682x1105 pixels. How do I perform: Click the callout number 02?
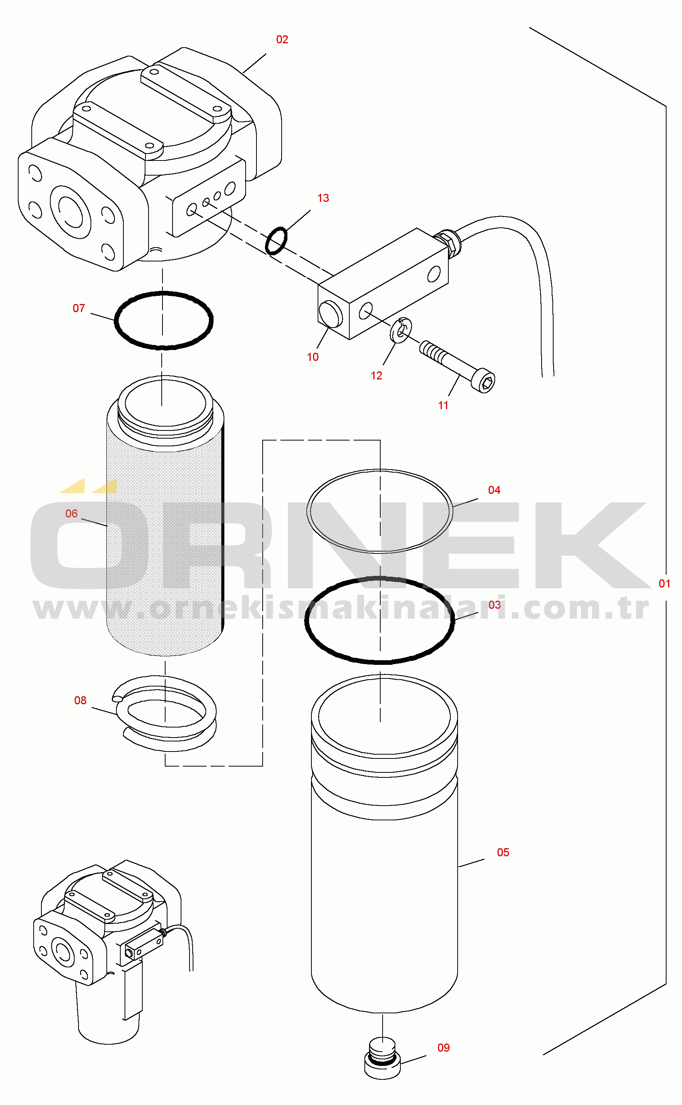tap(282, 40)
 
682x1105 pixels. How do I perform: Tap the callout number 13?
tap(323, 198)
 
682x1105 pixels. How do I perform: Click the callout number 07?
tap(79, 308)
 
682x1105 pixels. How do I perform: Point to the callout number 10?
tap(313, 357)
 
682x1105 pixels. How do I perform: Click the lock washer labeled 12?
tap(400, 330)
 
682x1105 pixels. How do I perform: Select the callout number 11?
tap(443, 405)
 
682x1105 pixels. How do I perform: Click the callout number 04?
tap(494, 490)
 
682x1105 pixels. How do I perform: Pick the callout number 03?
tap(495, 605)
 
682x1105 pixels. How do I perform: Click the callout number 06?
tap(71, 514)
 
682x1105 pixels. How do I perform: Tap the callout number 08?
tap(80, 700)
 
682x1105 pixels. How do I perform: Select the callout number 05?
tap(503, 852)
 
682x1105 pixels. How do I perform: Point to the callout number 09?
tap(443, 1047)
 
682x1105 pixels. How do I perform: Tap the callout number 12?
tap(376, 376)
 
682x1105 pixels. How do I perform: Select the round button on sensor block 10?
tap(331, 314)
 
